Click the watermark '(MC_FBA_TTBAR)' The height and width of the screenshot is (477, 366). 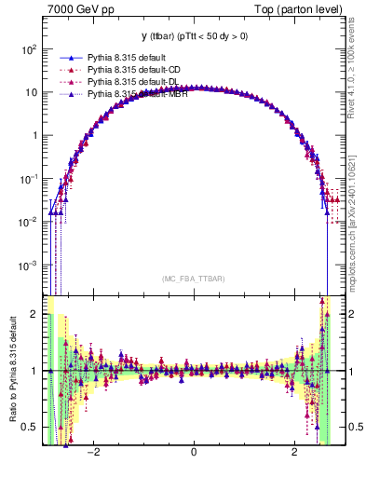tap(194, 279)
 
